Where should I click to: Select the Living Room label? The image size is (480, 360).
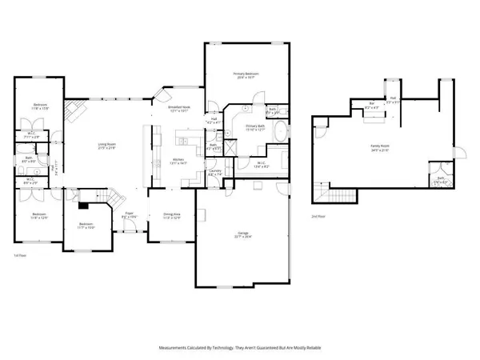point(108,146)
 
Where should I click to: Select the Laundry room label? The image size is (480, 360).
point(214,171)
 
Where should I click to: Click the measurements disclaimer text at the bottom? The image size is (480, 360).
point(239,348)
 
